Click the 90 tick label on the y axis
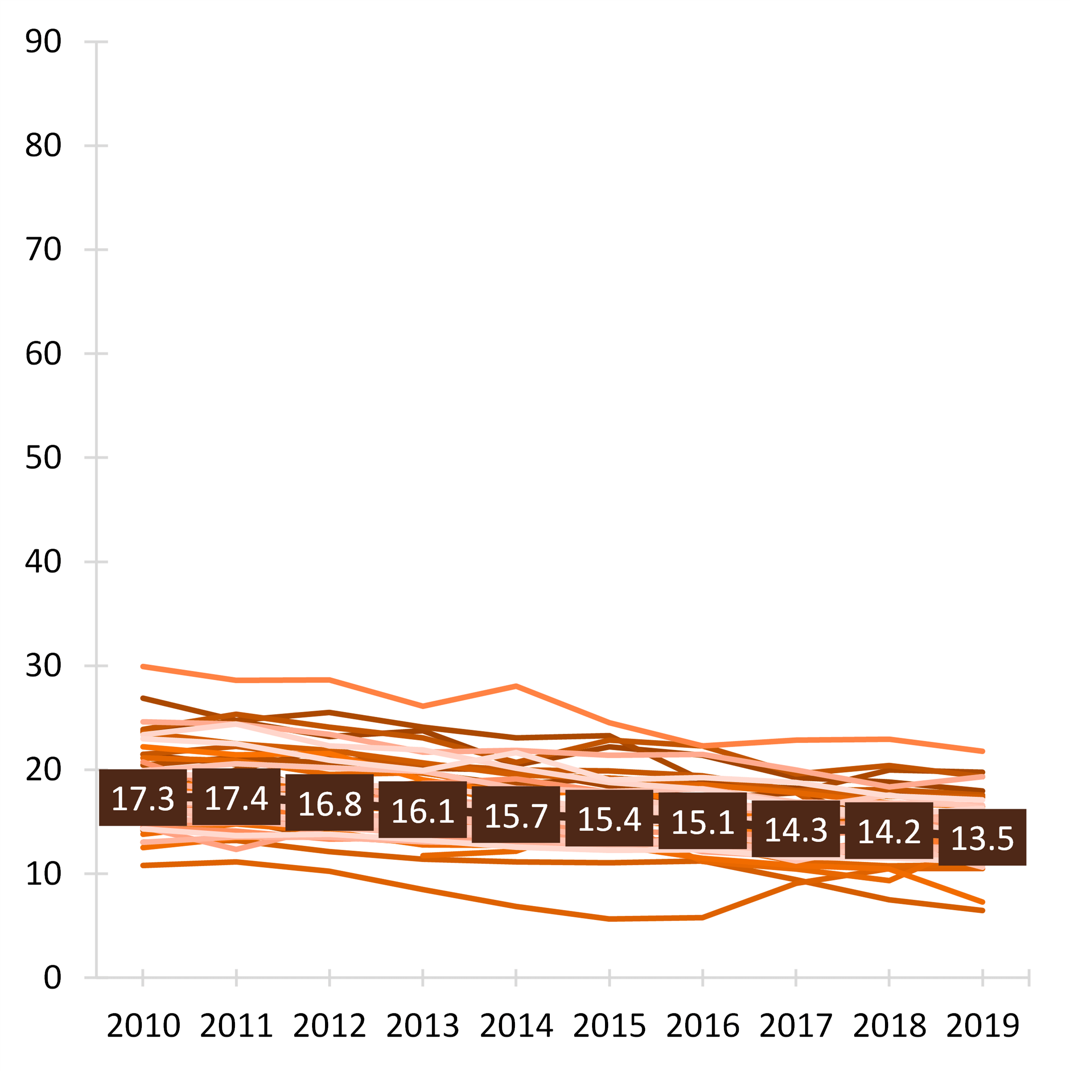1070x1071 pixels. click(x=43, y=41)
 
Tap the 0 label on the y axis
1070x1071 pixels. click(x=52, y=977)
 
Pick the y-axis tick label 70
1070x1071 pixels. click(x=43, y=249)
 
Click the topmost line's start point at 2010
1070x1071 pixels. click(x=143, y=666)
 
